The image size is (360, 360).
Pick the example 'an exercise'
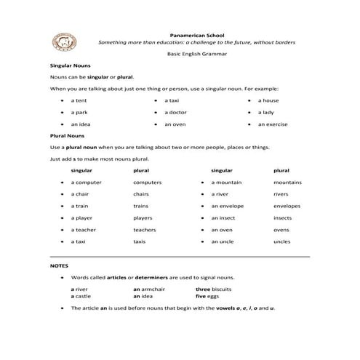(273, 124)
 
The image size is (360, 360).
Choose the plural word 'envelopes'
(287, 206)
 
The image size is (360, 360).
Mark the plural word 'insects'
(283, 217)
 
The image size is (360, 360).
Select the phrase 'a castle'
(81, 296)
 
